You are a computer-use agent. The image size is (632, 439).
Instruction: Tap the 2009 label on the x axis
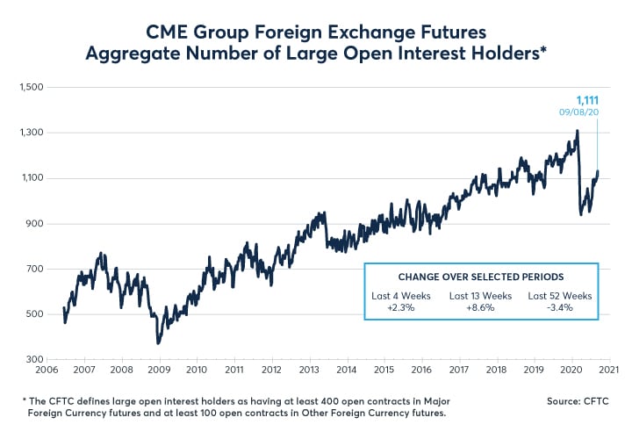[x=158, y=371]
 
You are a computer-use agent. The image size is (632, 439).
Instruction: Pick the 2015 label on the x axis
[x=384, y=371]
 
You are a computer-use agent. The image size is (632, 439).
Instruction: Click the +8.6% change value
[x=481, y=309]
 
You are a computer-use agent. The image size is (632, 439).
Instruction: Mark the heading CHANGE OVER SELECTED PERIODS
[x=481, y=277]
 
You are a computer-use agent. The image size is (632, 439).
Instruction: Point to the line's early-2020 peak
[x=577, y=131]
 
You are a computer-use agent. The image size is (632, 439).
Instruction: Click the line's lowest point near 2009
[x=158, y=343]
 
